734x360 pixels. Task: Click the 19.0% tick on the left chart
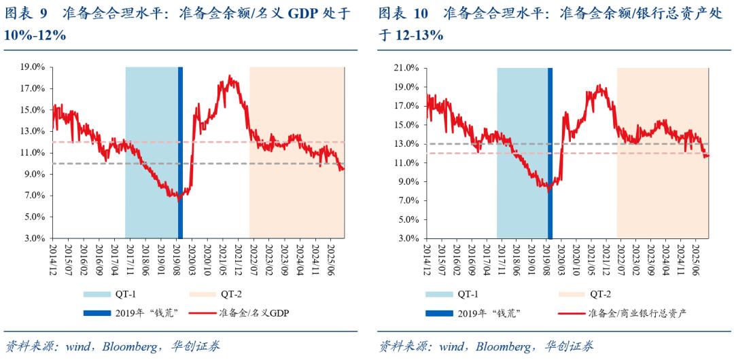click(x=33, y=67)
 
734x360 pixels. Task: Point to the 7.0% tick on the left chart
click(x=35, y=196)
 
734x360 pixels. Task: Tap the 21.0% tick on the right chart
click(x=406, y=68)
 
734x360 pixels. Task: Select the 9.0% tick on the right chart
click(x=408, y=182)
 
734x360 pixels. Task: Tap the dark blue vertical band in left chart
click(x=180, y=136)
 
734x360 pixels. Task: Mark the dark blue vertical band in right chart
click(x=550, y=136)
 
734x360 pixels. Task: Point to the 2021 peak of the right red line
click(x=598, y=86)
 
